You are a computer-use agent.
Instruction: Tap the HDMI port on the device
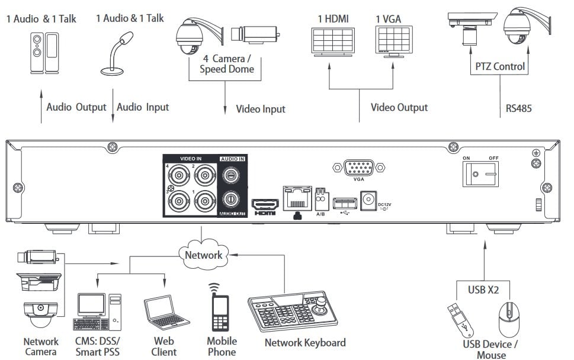(264, 203)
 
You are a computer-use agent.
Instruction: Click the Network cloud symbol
(203, 253)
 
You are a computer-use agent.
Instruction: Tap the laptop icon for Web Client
(163, 312)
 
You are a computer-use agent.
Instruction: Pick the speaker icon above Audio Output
(44, 53)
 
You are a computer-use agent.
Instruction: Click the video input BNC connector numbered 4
(177, 175)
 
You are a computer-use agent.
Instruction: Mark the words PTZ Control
(500, 66)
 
